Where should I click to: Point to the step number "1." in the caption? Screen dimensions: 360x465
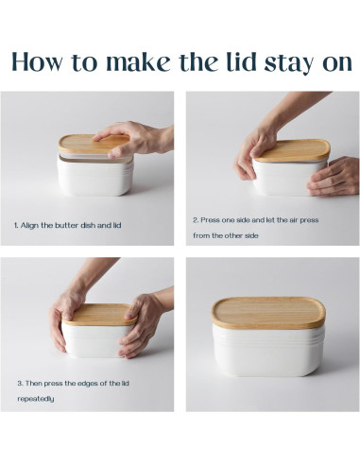[x=16, y=226]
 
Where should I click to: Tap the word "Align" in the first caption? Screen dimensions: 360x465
[x=30, y=226]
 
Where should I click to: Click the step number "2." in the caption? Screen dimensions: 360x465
[x=196, y=220]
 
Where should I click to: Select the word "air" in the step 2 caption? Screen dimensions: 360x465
[x=292, y=220]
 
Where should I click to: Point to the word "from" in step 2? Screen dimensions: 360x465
[x=201, y=235]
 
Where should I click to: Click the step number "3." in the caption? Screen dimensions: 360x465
[x=20, y=384]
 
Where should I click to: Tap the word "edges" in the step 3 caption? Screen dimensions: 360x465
[x=87, y=384]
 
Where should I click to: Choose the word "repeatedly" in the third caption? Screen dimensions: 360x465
[x=36, y=399]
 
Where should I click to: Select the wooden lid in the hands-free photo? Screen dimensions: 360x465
[x=268, y=313]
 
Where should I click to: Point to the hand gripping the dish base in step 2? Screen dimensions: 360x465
[x=334, y=177]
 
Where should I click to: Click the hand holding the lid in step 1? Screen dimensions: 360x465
[x=135, y=139]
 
